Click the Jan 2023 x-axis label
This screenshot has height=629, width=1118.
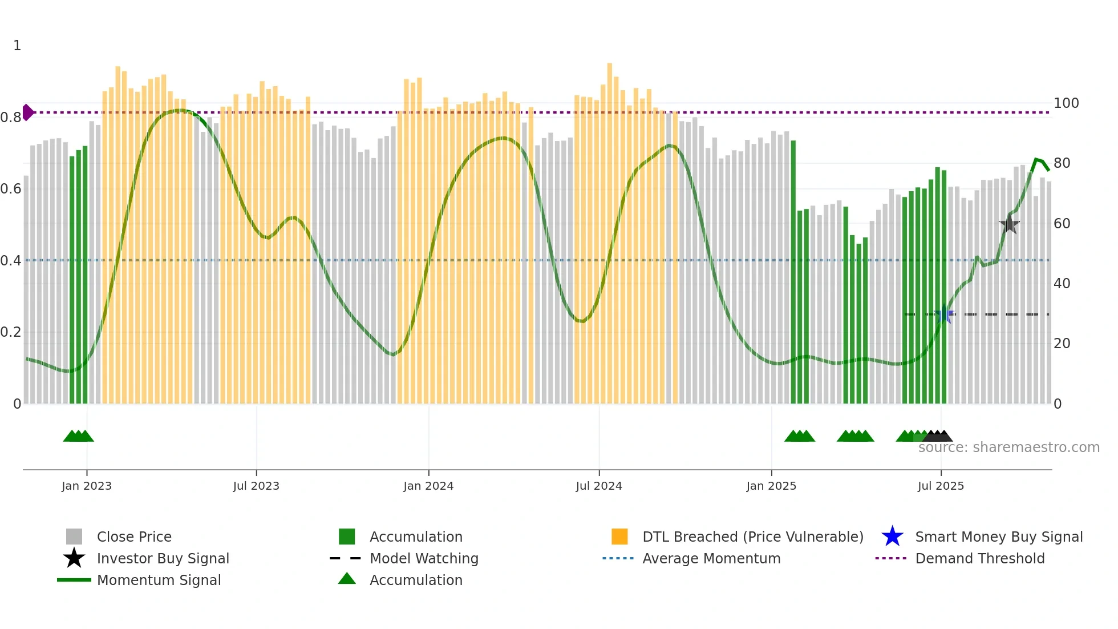tap(87, 486)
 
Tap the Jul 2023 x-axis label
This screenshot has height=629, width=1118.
tap(256, 486)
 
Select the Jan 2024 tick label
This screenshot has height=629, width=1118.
tap(428, 486)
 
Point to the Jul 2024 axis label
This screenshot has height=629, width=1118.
tap(599, 486)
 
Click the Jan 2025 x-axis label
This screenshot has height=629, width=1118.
tap(771, 486)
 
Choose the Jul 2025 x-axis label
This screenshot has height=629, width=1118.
tap(941, 486)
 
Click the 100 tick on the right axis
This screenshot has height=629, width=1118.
tap(1066, 103)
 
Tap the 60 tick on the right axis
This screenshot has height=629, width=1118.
tap(1062, 224)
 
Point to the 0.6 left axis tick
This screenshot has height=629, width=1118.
tap(11, 189)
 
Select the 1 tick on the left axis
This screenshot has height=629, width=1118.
tap(17, 46)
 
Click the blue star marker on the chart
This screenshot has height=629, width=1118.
tap(945, 314)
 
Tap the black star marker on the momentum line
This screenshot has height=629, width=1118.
tap(1009, 225)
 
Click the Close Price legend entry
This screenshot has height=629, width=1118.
tap(134, 537)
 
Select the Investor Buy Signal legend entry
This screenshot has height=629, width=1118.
tap(163, 558)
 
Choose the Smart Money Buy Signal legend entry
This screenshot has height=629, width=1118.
tap(998, 537)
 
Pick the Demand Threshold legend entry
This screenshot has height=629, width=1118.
tap(979, 558)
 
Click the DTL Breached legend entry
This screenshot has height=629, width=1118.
tap(752, 537)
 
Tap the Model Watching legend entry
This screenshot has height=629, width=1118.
tap(424, 558)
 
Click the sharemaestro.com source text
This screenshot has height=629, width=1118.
tap(1008, 447)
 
